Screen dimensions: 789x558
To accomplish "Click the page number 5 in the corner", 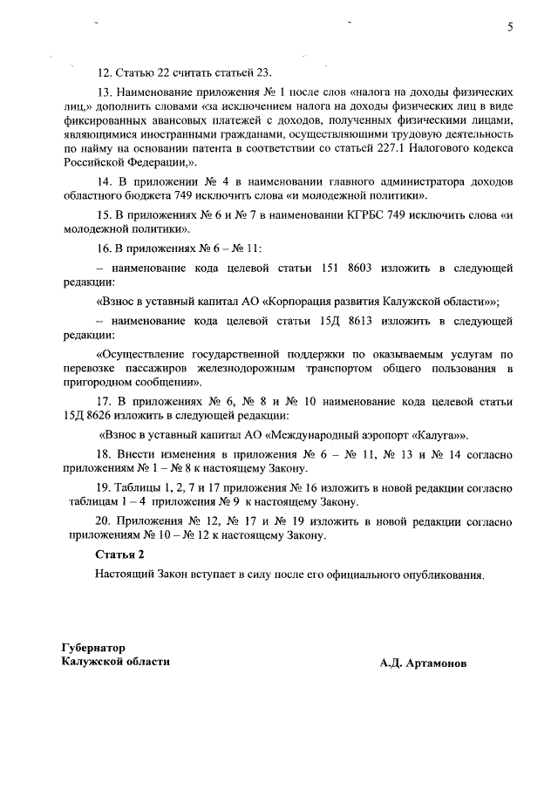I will [x=510, y=27].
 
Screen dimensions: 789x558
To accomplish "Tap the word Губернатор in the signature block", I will [x=93, y=648].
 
